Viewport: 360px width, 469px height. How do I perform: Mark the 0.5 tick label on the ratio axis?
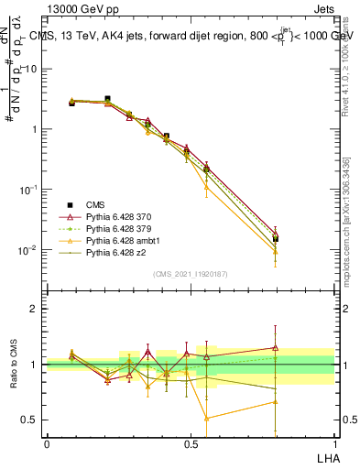pyautogui.click(x=29, y=420)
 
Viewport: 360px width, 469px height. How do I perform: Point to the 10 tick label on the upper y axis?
pyautogui.click(x=31, y=69)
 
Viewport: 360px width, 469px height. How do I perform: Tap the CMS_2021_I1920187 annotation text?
pyautogui.click(x=190, y=273)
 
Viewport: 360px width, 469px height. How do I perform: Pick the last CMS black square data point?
pyautogui.click(x=275, y=239)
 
